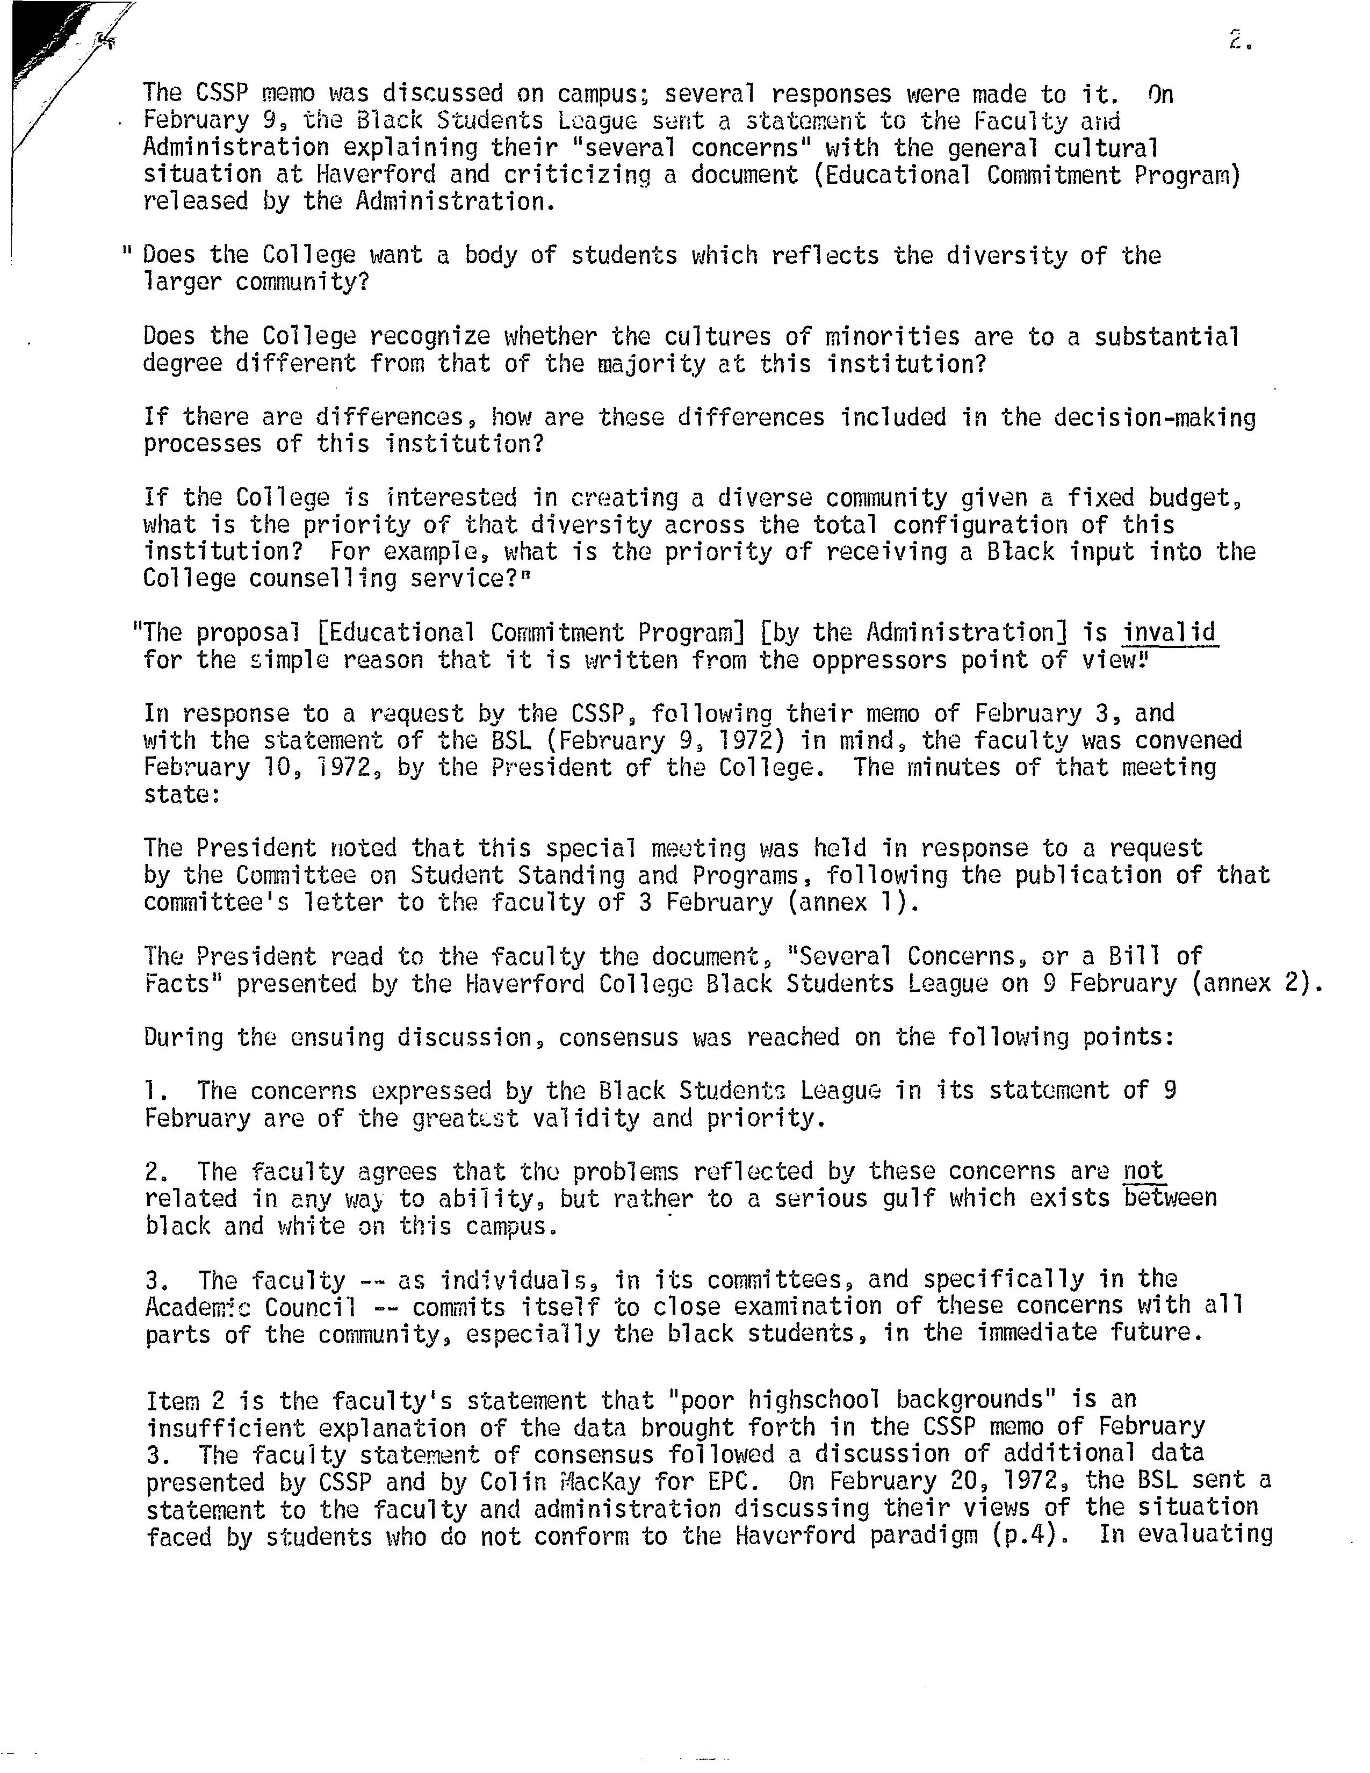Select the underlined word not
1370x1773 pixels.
[1144, 1171]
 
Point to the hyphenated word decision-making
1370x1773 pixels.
[1127, 417]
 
